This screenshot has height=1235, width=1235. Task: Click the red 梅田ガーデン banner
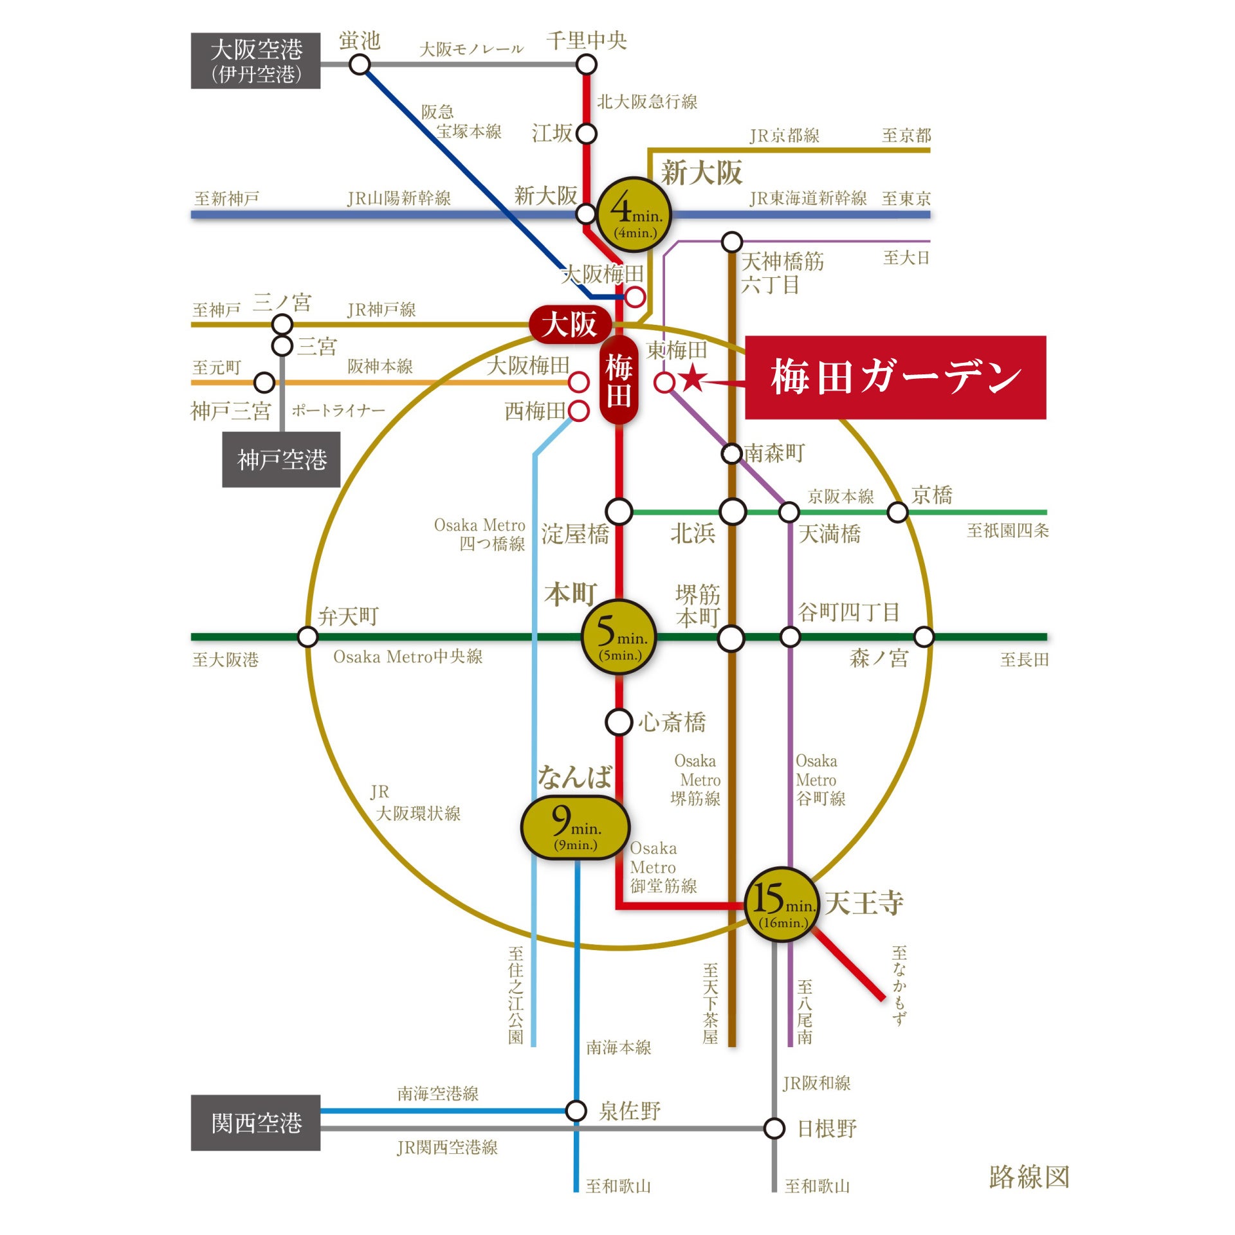tap(895, 378)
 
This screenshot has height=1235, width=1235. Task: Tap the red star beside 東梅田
tap(693, 378)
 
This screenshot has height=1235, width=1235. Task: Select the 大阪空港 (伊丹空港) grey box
tap(255, 60)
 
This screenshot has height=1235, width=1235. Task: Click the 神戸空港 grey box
tap(281, 459)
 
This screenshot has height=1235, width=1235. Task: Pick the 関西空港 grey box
tap(255, 1122)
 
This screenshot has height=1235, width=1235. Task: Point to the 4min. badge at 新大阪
tap(634, 215)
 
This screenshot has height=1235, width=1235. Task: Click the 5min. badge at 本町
tap(619, 637)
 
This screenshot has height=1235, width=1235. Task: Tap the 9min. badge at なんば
tap(574, 827)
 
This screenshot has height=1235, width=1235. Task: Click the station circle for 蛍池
tap(360, 64)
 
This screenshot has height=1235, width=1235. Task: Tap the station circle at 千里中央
tap(586, 64)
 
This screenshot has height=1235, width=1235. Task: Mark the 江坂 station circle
tap(586, 134)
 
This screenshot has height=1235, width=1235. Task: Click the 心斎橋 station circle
tap(619, 722)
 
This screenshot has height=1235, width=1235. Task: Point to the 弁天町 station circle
tap(307, 637)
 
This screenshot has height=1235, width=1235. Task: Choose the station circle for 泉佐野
tap(576, 1110)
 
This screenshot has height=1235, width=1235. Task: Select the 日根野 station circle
tap(774, 1128)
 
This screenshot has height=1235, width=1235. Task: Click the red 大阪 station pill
tap(569, 325)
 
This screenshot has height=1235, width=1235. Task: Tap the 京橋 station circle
tap(897, 513)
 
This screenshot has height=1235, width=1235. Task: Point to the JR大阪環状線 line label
tap(416, 803)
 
